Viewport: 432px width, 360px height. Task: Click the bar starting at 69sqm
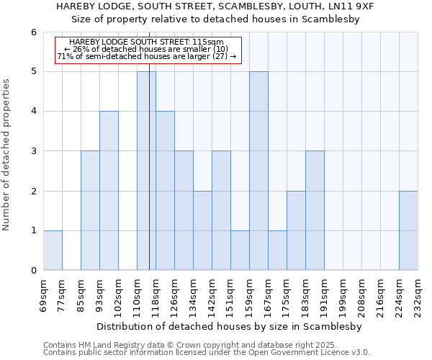click(53, 250)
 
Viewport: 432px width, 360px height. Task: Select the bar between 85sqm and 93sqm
click(90, 210)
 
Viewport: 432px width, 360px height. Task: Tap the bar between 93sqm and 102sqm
click(109, 191)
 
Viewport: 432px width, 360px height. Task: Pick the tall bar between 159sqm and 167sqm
click(258, 171)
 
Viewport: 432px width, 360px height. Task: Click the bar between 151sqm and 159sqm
click(240, 250)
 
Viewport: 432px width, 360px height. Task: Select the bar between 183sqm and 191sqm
click(315, 210)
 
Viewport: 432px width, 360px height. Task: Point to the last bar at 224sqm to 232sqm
click(408, 230)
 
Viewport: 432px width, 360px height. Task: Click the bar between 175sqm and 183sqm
click(296, 230)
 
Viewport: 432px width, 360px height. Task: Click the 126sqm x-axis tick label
click(174, 293)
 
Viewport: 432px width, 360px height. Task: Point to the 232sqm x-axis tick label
click(418, 293)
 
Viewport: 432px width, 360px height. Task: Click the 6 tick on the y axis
click(33, 32)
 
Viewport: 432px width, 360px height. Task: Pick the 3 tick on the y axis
click(33, 151)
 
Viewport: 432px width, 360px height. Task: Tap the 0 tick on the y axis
click(33, 271)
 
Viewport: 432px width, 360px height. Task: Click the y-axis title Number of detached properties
click(7, 155)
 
